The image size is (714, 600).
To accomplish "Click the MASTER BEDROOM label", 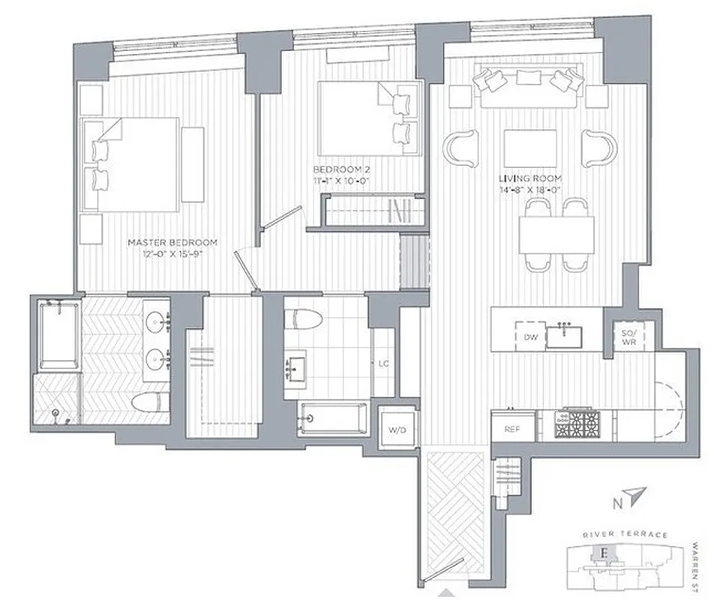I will click(172, 242).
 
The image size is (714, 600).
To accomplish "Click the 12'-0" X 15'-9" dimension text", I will click(172, 253).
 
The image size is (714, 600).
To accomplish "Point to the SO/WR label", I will click(629, 336).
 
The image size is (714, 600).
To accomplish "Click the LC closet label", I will click(384, 364).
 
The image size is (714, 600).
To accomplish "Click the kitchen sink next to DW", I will click(565, 336).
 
